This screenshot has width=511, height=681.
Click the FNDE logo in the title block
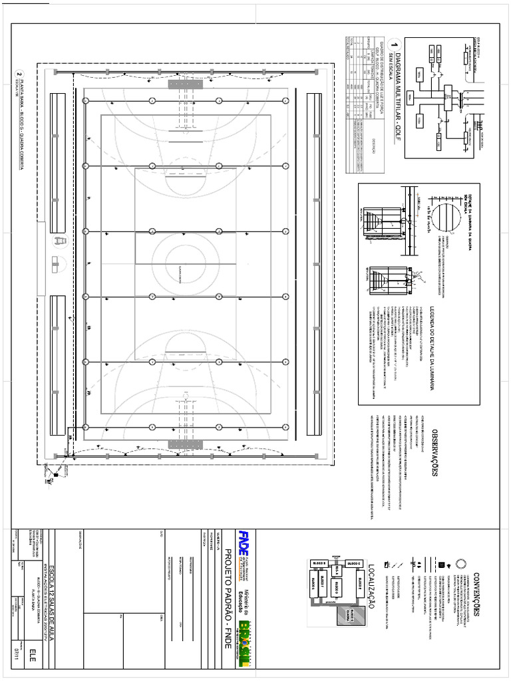[x=244, y=538]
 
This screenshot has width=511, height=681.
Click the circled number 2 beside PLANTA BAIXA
[x=20, y=75]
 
